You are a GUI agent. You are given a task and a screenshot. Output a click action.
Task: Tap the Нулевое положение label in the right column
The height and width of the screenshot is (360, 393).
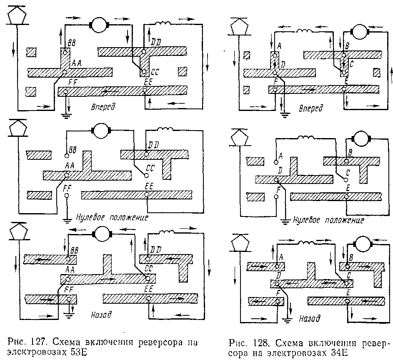click(x=329, y=220)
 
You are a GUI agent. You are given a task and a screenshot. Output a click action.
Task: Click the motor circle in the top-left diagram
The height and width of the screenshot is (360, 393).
click(x=99, y=25)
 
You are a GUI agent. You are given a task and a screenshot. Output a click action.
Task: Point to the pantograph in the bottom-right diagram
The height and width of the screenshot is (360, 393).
click(x=240, y=245)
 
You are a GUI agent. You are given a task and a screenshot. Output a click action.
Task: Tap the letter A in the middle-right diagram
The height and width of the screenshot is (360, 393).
click(x=280, y=156)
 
